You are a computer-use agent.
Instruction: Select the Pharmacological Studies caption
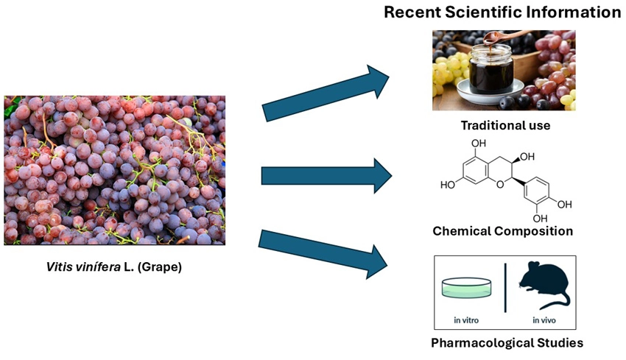tap(507, 342)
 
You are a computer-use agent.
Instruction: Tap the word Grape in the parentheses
tap(163, 267)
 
